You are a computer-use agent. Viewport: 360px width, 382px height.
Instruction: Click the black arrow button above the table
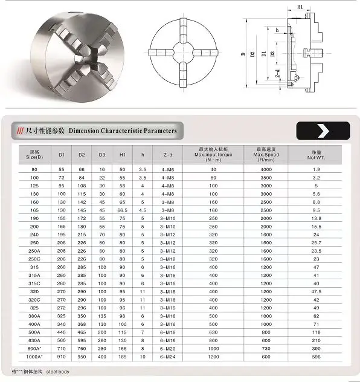(323, 131)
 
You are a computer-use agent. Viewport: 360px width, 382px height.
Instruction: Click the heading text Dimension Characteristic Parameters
(123, 131)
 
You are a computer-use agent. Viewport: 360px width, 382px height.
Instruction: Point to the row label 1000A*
(34, 357)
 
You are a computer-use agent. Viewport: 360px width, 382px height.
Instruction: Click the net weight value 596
(317, 357)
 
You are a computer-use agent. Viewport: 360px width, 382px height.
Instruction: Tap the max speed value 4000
(266, 169)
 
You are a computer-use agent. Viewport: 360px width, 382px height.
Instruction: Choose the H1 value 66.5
(123, 209)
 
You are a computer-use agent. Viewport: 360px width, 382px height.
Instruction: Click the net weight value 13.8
(317, 217)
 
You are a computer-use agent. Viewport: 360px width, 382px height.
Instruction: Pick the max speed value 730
(266, 349)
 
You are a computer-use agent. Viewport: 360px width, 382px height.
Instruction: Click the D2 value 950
(82, 357)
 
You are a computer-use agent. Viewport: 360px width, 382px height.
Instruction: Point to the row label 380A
(34, 315)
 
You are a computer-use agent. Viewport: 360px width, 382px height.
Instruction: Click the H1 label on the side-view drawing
(300, 7)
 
